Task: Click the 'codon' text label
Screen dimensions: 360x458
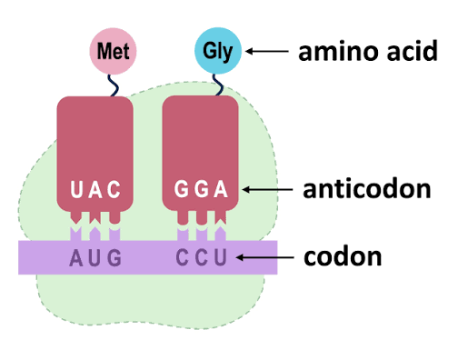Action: coord(342,257)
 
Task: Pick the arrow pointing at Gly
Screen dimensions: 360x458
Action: coord(268,52)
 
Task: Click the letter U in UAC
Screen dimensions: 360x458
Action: coord(77,191)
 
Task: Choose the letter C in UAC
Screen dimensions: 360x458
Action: coord(114,191)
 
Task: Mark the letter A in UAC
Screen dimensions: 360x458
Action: coord(95,191)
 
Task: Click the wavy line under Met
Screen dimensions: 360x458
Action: coord(114,85)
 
